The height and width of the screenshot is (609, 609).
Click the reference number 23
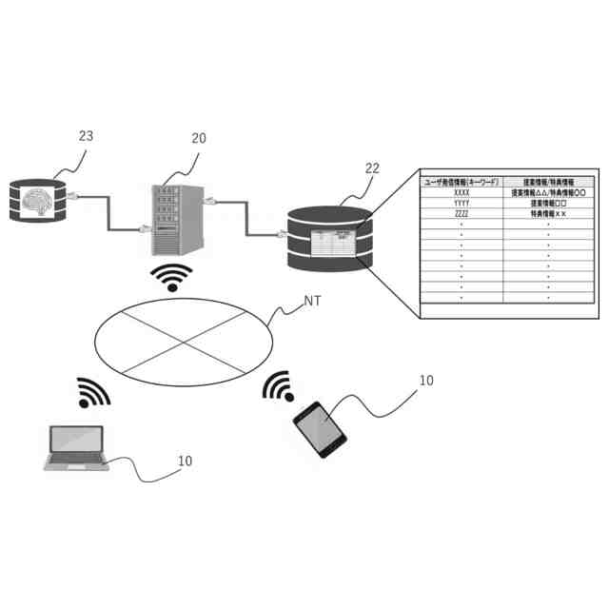86,136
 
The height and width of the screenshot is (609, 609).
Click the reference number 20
198,138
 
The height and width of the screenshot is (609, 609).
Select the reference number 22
372,168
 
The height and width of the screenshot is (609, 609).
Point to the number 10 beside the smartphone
426,381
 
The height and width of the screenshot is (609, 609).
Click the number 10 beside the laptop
185,461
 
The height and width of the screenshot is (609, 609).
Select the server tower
176,217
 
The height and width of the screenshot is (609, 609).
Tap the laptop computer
77,447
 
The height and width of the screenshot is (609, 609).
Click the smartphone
320,428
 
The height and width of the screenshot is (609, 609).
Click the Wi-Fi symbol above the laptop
92,392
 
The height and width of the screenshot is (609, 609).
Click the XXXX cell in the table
462,191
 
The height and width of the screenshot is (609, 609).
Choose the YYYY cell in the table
462,203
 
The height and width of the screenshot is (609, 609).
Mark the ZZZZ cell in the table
462,214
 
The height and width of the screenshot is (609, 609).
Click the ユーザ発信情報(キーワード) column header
462,180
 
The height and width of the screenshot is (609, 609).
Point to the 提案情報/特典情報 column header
549,180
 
